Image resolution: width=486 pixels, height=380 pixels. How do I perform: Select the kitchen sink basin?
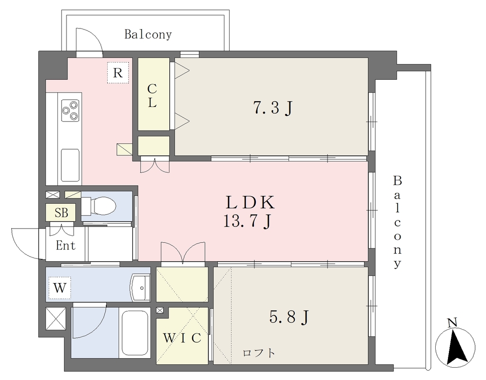[70, 165]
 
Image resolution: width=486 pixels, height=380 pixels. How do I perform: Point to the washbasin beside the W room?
[140, 287]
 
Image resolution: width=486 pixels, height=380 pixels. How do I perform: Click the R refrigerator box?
[118, 73]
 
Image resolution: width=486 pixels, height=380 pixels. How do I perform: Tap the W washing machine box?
[60, 288]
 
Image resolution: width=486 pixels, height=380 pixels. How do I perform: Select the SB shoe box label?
[61, 213]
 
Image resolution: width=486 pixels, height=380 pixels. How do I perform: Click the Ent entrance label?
[65, 246]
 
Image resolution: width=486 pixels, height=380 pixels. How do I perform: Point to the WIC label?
[182, 338]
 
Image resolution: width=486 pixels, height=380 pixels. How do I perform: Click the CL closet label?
[152, 96]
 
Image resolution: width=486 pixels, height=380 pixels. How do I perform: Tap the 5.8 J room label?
[289, 317]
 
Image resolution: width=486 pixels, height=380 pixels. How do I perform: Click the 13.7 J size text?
[248, 221]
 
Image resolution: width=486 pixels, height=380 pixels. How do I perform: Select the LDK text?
[250, 202]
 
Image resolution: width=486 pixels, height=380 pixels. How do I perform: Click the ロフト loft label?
[259, 353]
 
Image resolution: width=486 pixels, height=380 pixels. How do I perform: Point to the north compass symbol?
[455, 344]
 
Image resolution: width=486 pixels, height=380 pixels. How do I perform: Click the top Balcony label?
[148, 34]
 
